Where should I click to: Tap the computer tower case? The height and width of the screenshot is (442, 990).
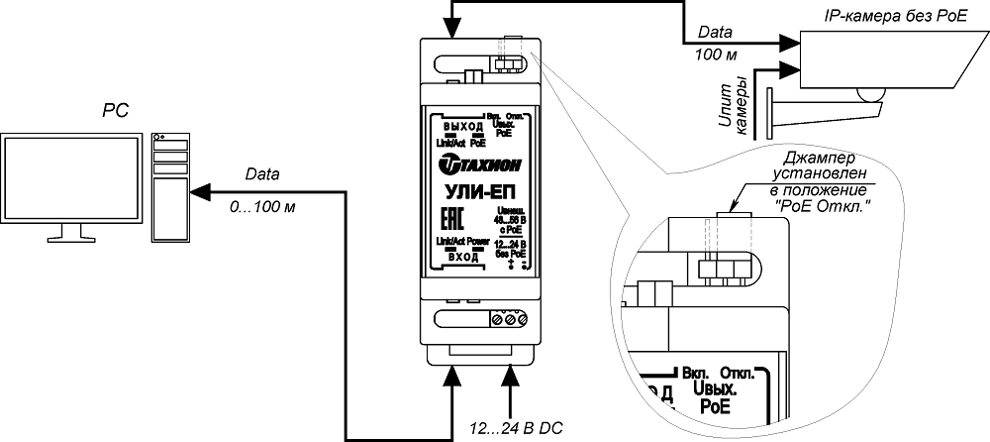170,188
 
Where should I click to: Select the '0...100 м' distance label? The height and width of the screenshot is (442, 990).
262,209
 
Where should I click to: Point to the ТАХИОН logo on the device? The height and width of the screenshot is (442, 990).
479,162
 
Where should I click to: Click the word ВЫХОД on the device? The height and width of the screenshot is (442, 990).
462,128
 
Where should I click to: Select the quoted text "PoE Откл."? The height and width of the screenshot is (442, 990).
818,206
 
